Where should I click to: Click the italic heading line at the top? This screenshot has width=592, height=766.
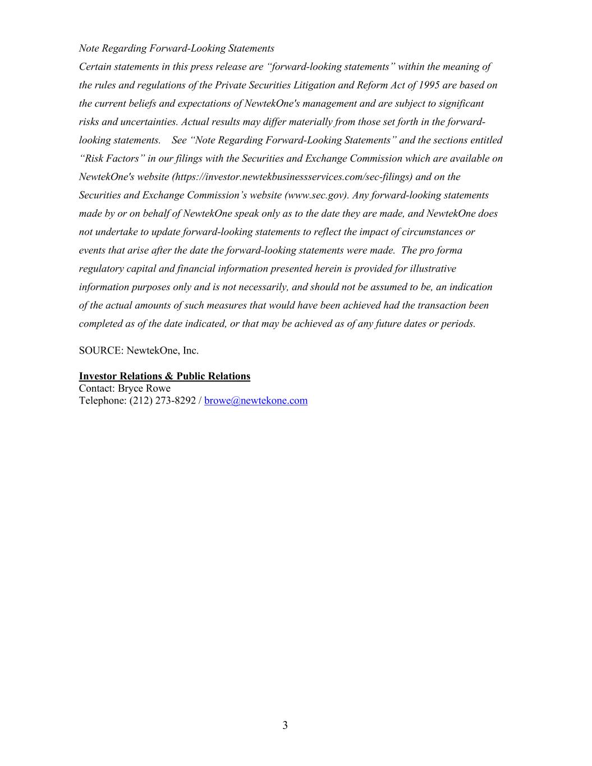tap(176, 48)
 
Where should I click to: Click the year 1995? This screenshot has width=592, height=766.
tap(428, 85)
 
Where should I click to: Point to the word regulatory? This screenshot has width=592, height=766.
tap(100, 269)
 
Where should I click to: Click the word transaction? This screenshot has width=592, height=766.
tap(439, 305)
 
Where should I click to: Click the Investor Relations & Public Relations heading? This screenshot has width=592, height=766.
tap(164, 376)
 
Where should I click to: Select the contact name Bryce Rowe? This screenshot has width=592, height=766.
tap(144, 388)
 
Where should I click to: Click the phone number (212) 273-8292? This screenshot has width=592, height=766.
tap(163, 401)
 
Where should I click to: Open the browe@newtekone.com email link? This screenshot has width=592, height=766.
tap(256, 401)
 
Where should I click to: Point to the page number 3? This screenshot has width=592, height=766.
tap(285, 726)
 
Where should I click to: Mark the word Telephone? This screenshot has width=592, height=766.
tap(102, 401)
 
